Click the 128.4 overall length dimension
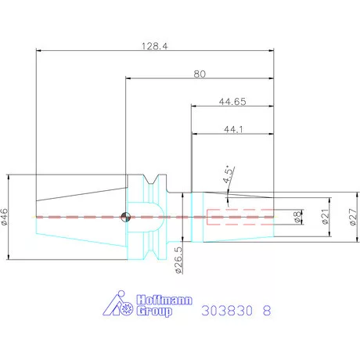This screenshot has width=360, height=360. tap(155, 46)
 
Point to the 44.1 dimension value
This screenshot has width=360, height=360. tap(232, 129)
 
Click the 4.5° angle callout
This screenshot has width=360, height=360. tap(227, 175)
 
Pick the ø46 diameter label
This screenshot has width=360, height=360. tap(7, 216)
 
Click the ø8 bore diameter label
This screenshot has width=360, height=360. tap(297, 216)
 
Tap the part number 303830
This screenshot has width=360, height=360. tap(228, 310)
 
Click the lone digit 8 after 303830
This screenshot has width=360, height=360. tap(267, 310)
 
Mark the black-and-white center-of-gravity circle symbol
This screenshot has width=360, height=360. tap(124, 217)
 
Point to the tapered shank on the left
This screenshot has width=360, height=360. tap(78, 217)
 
